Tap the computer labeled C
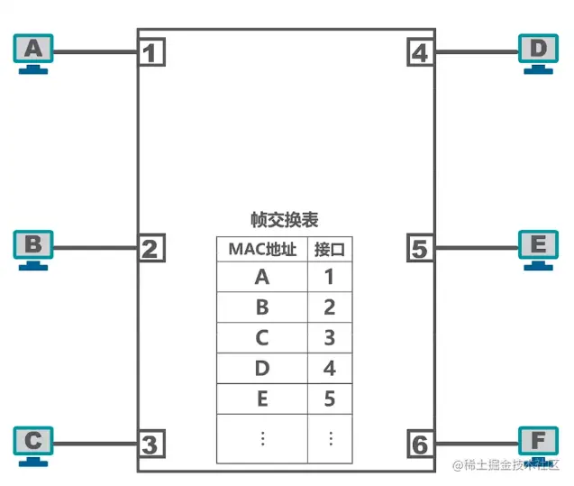pyautogui.click(x=33, y=445)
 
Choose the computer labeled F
pyautogui.click(x=539, y=445)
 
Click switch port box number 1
pyautogui.click(x=152, y=52)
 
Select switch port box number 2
pyautogui.click(x=152, y=248)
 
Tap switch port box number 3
pyautogui.click(x=152, y=445)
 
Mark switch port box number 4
pyautogui.click(x=420, y=52)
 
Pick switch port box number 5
pyautogui.click(x=420, y=248)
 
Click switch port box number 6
pyautogui.click(x=420, y=445)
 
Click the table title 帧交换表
pyautogui.click(x=284, y=220)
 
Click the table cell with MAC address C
pyautogui.click(x=262, y=337)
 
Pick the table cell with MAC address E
pyautogui.click(x=262, y=398)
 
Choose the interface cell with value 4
pyautogui.click(x=330, y=368)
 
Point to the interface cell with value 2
pyautogui.click(x=330, y=307)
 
